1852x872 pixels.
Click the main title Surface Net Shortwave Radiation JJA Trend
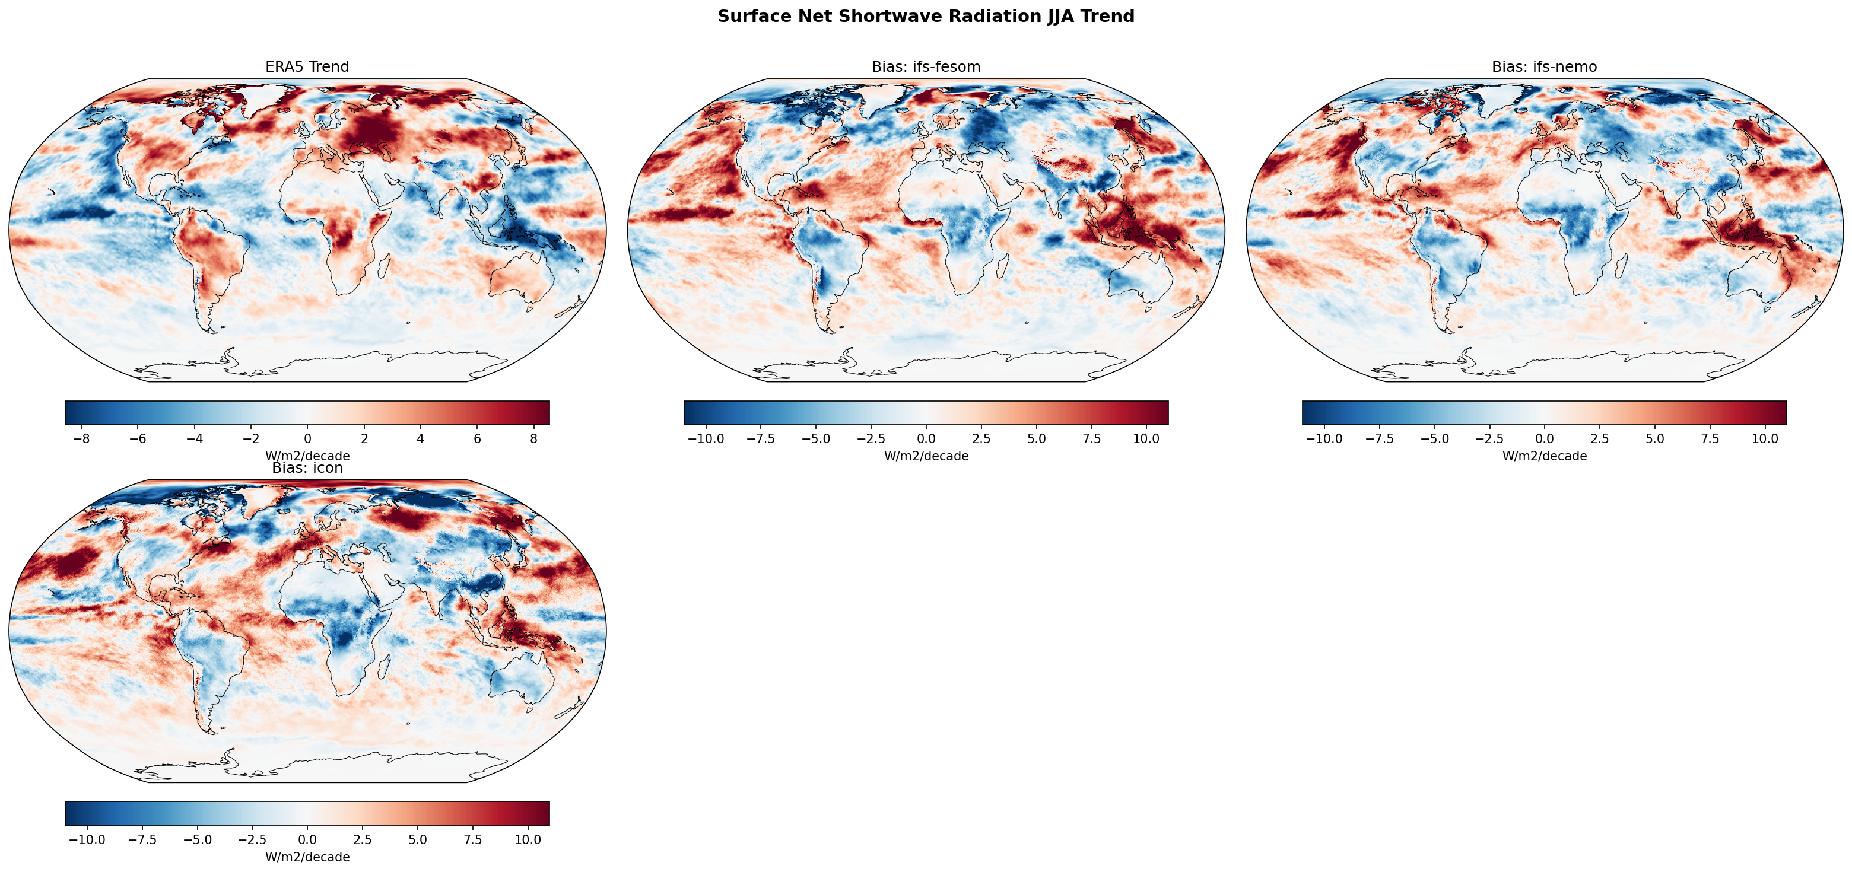(x=925, y=17)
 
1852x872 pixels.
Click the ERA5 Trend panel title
(x=307, y=67)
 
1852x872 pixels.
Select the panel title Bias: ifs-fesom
(x=925, y=67)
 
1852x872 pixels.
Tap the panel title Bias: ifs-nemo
(x=1543, y=67)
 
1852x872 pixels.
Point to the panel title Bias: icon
(x=307, y=468)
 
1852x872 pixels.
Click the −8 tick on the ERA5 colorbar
(x=81, y=438)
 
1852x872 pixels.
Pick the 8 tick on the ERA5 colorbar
(x=533, y=438)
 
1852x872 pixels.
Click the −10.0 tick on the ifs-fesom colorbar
(x=706, y=438)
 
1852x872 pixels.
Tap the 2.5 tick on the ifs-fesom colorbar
(x=981, y=438)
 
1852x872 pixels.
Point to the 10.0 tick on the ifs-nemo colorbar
(x=1764, y=438)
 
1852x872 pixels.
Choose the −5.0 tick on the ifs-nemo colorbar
(x=1434, y=438)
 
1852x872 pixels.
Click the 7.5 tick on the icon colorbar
(x=472, y=839)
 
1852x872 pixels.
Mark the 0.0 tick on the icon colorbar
(x=307, y=839)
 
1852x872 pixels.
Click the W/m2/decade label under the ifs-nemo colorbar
(x=1543, y=456)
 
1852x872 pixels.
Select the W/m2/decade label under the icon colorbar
(x=307, y=857)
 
